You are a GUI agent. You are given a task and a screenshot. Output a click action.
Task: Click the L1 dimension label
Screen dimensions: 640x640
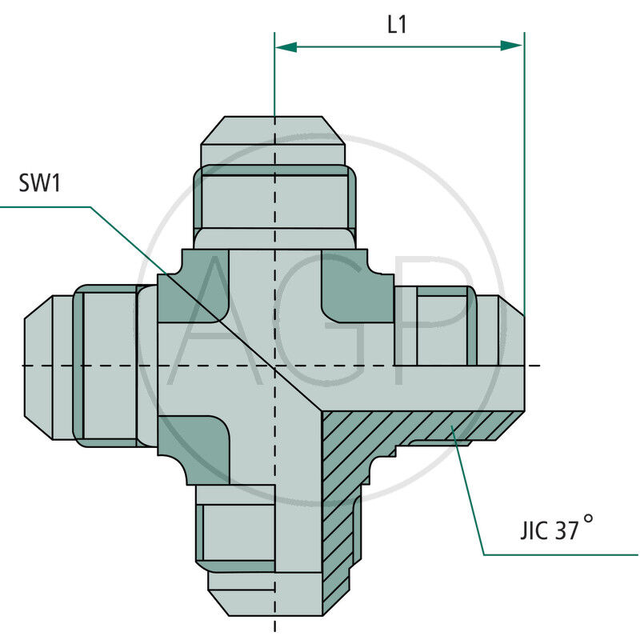(397, 25)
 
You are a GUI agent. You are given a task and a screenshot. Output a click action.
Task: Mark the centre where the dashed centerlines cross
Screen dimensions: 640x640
(274, 366)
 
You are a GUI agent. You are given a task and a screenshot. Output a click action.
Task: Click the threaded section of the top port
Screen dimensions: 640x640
(274, 196)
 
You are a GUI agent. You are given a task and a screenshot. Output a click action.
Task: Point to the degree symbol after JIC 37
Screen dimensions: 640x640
(589, 519)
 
